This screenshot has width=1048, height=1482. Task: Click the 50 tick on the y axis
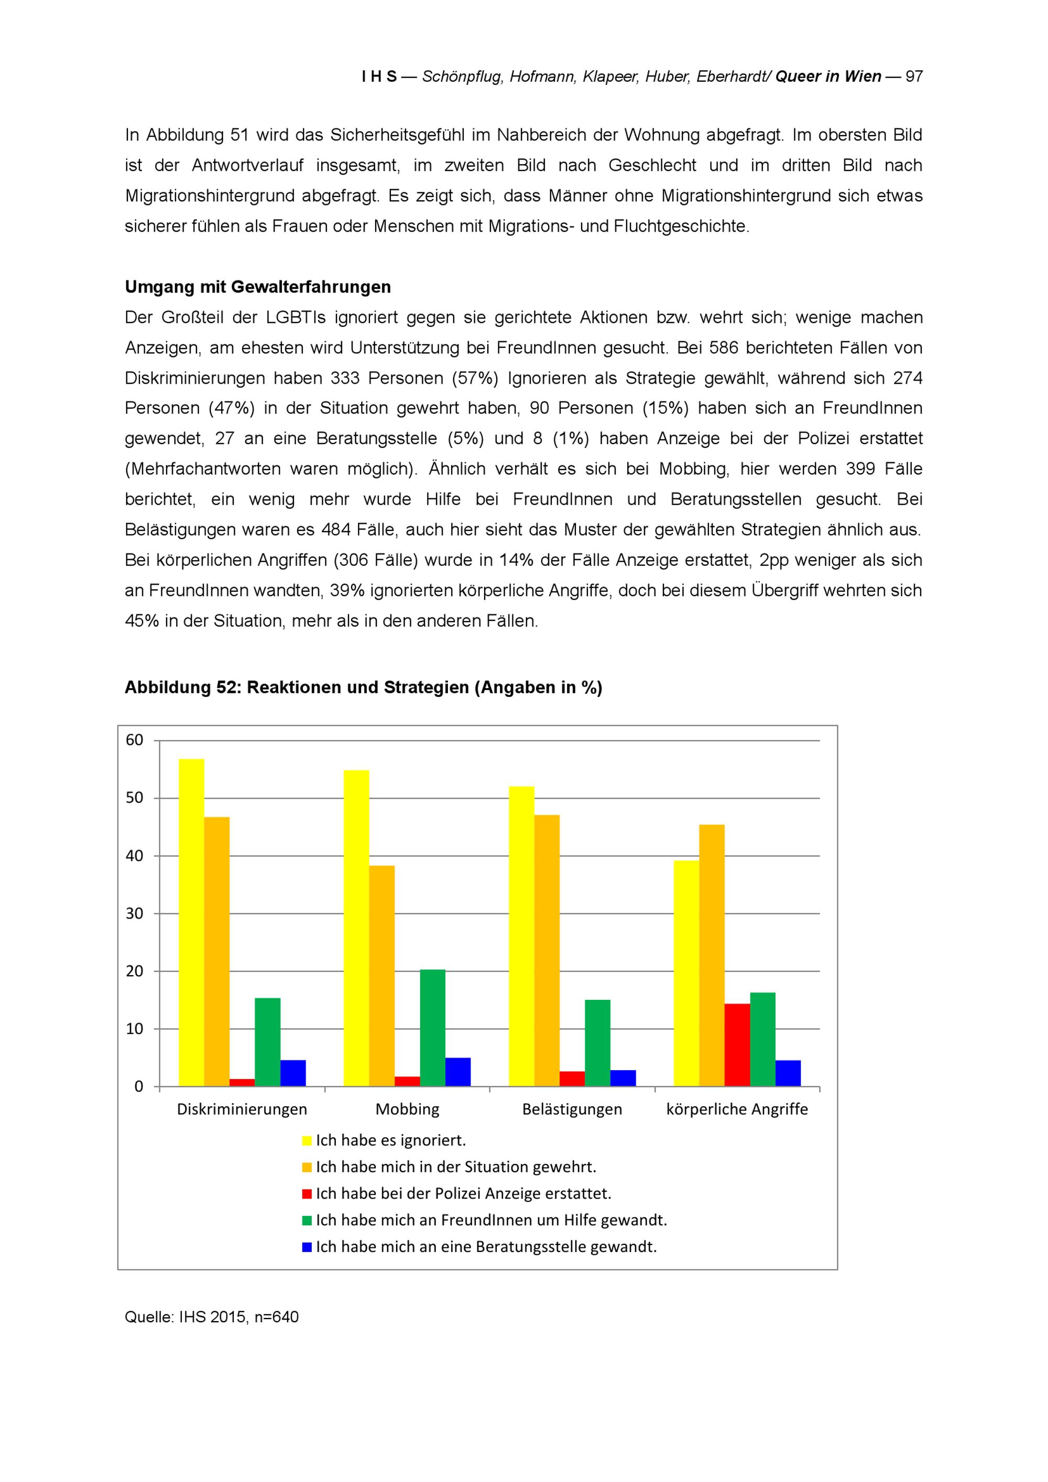tap(135, 798)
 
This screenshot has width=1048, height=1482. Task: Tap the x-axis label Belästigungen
tap(572, 1109)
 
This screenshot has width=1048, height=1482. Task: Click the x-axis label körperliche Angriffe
tap(737, 1109)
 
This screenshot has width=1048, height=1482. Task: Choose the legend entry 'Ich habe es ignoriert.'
tap(390, 1140)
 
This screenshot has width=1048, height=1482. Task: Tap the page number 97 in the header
tap(914, 76)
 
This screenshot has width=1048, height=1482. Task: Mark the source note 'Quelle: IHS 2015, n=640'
tap(212, 1317)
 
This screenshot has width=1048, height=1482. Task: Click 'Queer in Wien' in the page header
tap(828, 76)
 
